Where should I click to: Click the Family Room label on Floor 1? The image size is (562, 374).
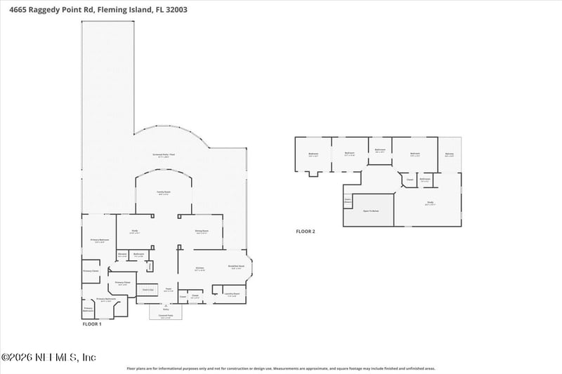tap(164, 192)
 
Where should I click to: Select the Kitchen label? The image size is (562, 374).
tap(200, 269)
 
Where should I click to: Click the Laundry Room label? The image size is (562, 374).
tap(232, 294)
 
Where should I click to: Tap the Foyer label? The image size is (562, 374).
tap(168, 289)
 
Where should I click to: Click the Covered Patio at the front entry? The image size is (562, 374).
tap(166, 316)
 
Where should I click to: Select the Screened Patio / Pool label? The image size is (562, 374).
tap(164, 155)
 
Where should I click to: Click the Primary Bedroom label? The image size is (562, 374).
tap(98, 241)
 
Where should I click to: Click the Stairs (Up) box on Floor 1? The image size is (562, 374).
tap(148, 289)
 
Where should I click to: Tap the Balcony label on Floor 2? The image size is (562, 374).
tap(449, 154)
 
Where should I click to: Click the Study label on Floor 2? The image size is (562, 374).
tap(431, 203)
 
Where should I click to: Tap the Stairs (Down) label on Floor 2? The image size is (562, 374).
tap(347, 200)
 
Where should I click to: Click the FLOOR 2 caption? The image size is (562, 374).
tap(306, 231)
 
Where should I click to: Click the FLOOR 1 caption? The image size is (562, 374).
tap(92, 324)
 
